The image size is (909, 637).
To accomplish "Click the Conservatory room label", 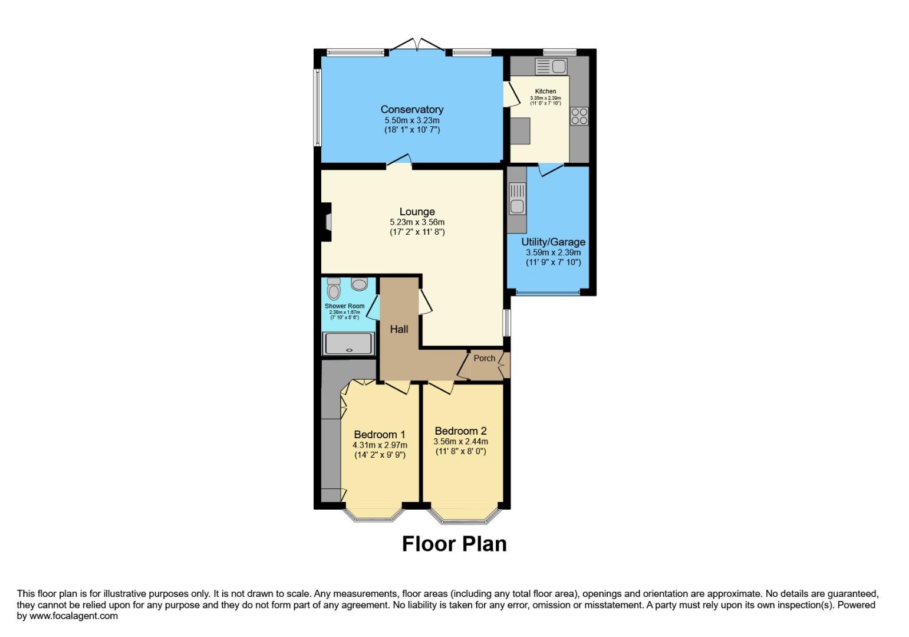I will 411,109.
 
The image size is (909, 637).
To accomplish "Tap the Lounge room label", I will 417,212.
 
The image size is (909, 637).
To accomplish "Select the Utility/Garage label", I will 553,242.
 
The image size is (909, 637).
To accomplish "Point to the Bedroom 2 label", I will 460,431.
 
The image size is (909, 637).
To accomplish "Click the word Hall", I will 399,329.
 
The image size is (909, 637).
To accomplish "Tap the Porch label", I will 485,358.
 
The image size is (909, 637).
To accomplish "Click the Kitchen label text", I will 545,91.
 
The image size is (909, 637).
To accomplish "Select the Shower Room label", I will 344,306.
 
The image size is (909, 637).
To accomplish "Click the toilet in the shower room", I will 334,289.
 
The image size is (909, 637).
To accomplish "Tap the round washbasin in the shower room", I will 358,284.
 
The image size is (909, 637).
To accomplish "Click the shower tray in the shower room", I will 348,343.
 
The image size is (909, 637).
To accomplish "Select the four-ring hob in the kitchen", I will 579,116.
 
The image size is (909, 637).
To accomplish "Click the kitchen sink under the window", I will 551,65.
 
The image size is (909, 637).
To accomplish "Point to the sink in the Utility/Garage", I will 517,199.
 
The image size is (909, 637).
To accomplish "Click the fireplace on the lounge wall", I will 327,222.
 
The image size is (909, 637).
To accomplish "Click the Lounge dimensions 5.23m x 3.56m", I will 417,222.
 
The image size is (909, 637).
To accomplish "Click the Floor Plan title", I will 454,543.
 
